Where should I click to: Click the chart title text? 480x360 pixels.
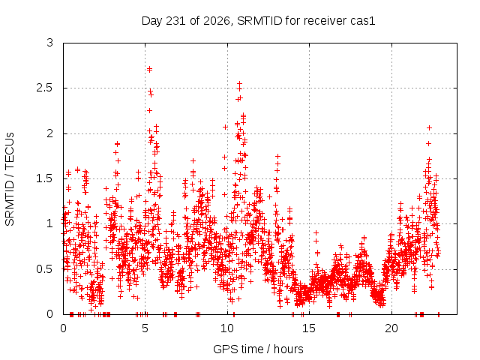coord(258,21)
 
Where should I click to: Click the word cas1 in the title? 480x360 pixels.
coord(361,21)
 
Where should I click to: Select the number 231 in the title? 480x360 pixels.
coord(175,21)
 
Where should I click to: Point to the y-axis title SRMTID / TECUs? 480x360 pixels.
coord(10,179)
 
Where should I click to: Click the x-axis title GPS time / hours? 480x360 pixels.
coord(258,349)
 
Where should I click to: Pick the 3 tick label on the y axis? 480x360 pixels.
coord(50,43)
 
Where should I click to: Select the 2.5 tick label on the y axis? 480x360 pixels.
coord(45,88)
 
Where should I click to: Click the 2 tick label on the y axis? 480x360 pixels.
coord(50,133)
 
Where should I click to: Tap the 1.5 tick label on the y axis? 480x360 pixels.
coord(45,178)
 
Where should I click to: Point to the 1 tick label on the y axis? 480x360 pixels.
coord(50,223)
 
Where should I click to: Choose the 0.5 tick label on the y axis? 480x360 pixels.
coord(45,269)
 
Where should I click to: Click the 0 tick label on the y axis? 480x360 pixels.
coord(50,314)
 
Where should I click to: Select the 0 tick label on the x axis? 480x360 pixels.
coord(63,328)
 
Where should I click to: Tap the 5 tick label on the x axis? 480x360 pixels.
coord(145,328)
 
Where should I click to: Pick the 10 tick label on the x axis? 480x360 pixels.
coord(227,328)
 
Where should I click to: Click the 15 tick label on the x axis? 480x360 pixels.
coord(309,328)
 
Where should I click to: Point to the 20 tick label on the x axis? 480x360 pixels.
coord(391,328)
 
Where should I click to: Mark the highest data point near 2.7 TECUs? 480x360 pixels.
coord(149,70)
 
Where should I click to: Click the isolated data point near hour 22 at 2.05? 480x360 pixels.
coord(429,127)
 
